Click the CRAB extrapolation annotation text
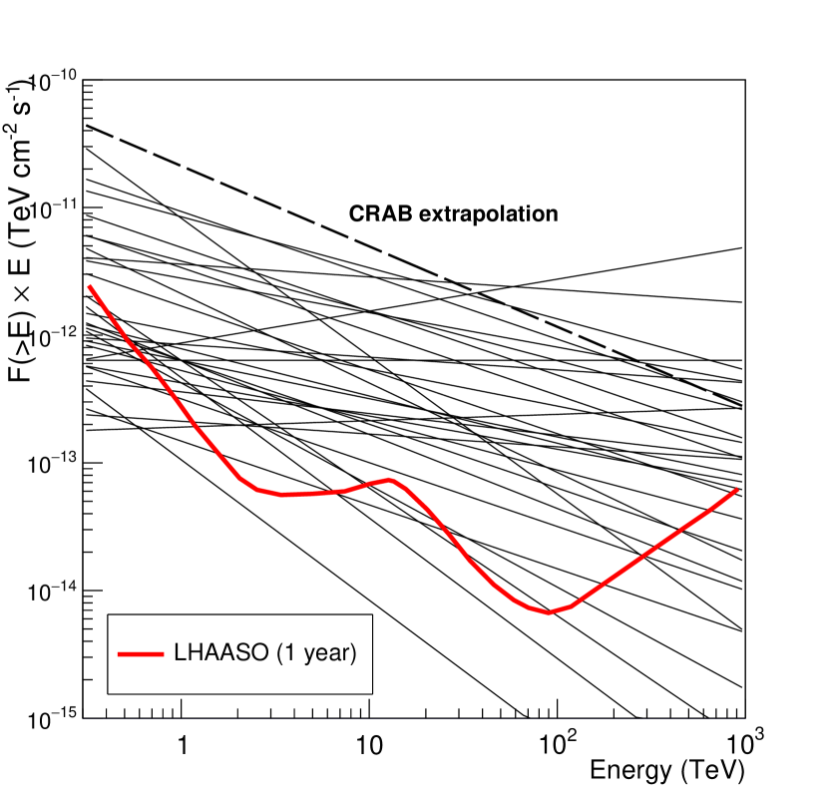pyautogui.click(x=452, y=213)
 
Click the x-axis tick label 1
pyautogui.click(x=182, y=743)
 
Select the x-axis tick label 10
pyautogui.click(x=369, y=743)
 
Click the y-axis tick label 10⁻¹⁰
pyautogui.click(x=50, y=82)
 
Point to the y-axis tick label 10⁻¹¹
pyautogui.click(x=50, y=209)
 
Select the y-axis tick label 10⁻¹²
pyautogui.click(x=50, y=337)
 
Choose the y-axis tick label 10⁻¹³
pyautogui.click(x=50, y=465)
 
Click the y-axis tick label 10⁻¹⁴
pyautogui.click(x=50, y=593)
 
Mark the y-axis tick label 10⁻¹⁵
pyautogui.click(x=50, y=719)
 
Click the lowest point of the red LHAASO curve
pyautogui.click(x=548, y=612)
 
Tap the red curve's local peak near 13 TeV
pyautogui.click(x=390, y=480)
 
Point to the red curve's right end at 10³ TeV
pyautogui.click(x=741, y=487)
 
